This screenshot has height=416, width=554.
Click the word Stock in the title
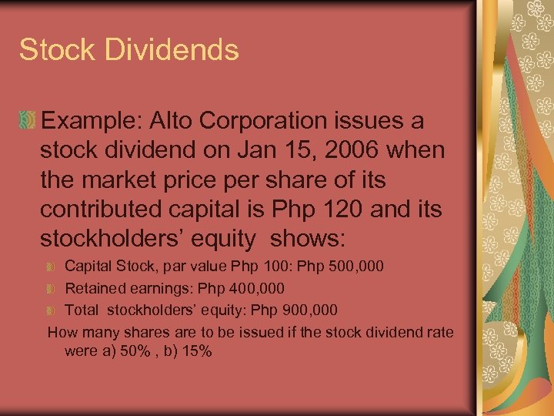[x=57, y=50]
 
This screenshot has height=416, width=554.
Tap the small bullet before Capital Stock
[x=52, y=267]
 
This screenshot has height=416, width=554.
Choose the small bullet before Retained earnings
[x=52, y=289]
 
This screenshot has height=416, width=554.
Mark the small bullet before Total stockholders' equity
[x=52, y=310]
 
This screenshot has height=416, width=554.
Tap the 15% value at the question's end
[x=196, y=351]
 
